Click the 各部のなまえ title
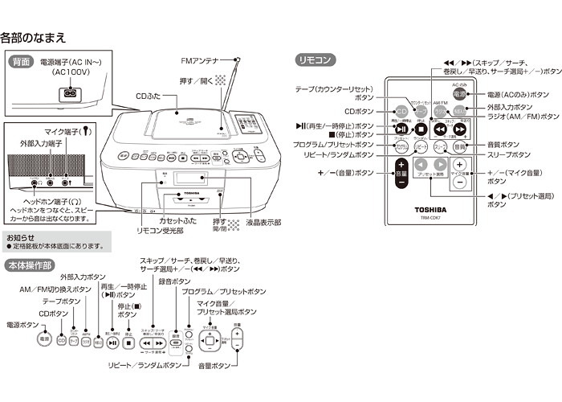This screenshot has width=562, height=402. (33, 37)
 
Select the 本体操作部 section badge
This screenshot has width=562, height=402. (30, 265)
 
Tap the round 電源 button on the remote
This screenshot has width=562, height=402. (458, 94)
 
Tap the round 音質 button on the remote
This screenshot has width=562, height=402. (459, 149)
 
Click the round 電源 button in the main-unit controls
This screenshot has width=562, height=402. (44, 340)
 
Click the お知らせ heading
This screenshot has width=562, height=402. (21, 238)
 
